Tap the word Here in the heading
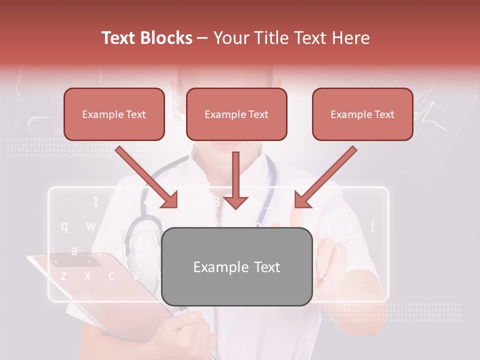click(x=352, y=38)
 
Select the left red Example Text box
click(x=114, y=114)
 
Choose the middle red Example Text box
click(x=236, y=114)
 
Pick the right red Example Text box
click(x=362, y=114)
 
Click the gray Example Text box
click(x=236, y=267)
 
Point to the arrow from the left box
click(x=147, y=177)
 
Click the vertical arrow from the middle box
click(x=235, y=180)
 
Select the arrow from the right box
click(x=325, y=177)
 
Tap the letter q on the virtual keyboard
click(x=64, y=226)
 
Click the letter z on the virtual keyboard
click(x=63, y=275)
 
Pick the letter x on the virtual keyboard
click(x=87, y=275)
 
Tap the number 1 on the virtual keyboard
click(x=95, y=202)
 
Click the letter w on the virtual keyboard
click(x=90, y=226)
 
